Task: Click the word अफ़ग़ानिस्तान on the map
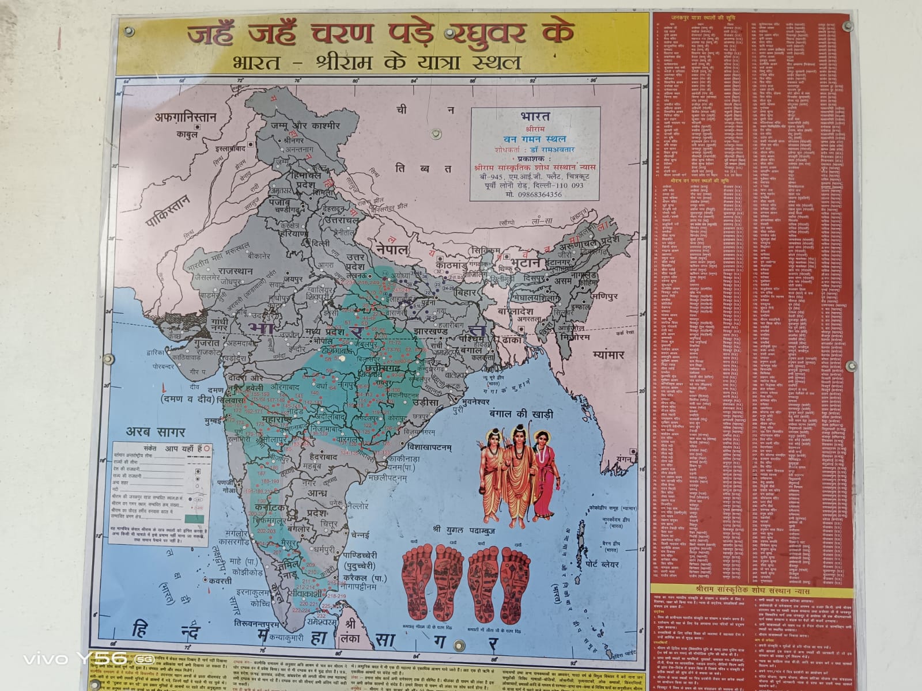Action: [x=185, y=117]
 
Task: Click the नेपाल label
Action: [x=392, y=249]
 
